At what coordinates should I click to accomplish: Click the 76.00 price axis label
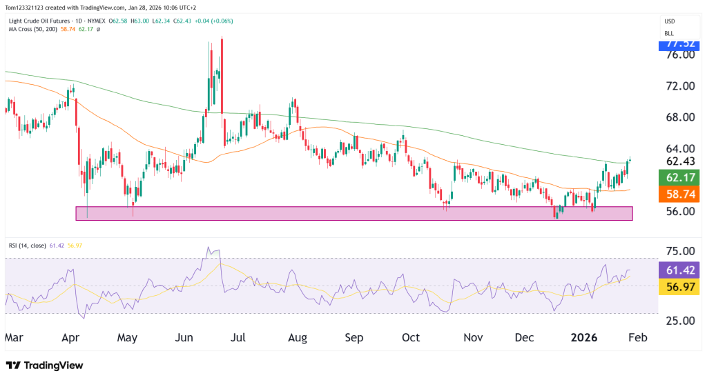point(679,55)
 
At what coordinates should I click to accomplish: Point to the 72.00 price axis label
point(679,86)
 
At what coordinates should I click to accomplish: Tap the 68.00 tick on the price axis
point(679,117)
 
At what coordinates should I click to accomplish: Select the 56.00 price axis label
point(679,211)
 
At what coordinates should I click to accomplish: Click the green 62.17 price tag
point(679,178)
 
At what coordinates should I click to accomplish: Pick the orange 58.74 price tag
point(679,195)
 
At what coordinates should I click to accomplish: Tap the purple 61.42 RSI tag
point(679,270)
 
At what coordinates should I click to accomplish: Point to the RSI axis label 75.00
point(679,251)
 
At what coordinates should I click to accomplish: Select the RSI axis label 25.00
point(679,321)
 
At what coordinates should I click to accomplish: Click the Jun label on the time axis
point(184,339)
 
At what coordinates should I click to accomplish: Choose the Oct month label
point(411,339)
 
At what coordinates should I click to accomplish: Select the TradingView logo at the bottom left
point(49,365)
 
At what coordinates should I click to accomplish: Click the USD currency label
point(669,21)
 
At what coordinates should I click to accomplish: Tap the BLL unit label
point(669,33)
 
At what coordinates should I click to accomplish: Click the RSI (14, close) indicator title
point(31,245)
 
